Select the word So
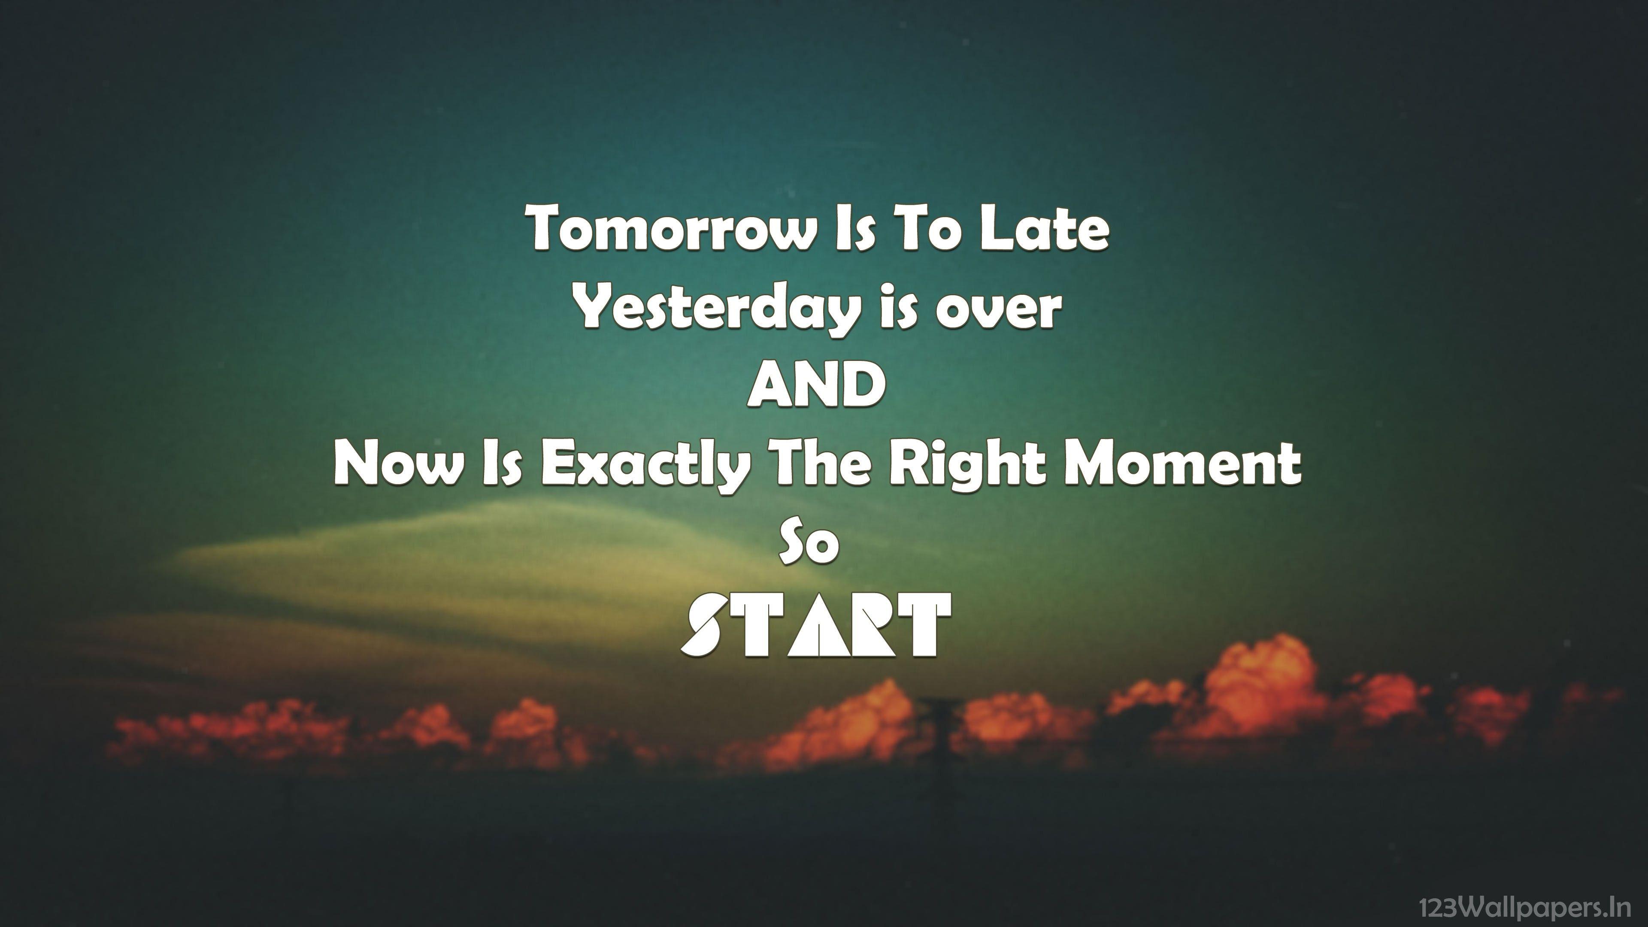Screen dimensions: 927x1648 point(809,544)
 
